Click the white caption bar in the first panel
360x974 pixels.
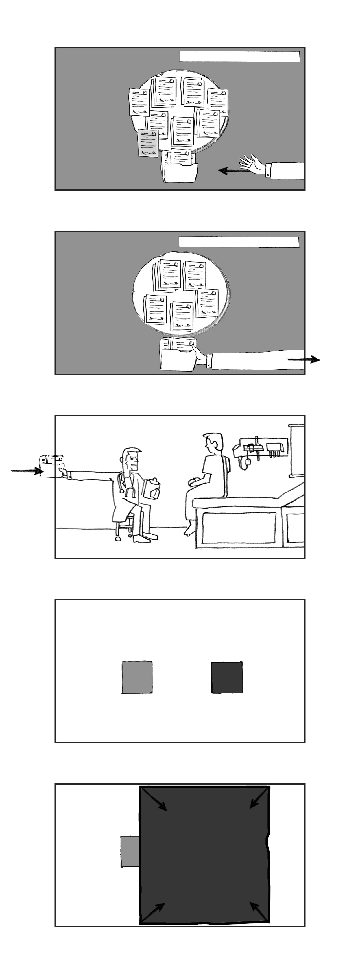(x=239, y=56)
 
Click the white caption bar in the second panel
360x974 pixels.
(x=239, y=242)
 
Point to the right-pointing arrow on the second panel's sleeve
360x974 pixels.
(x=303, y=360)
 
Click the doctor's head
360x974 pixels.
(x=132, y=458)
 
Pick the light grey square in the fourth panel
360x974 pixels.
(x=137, y=677)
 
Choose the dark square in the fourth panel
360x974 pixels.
(x=226, y=678)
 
